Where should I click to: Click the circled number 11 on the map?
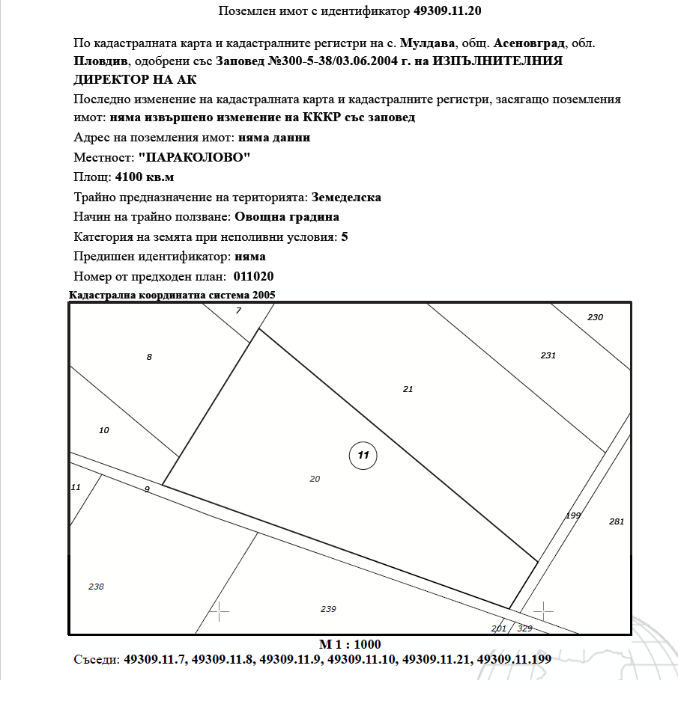pyautogui.click(x=363, y=455)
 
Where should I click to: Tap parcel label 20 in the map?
pyautogui.click(x=315, y=479)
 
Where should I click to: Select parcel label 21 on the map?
pyautogui.click(x=408, y=389)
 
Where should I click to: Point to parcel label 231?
pyautogui.click(x=548, y=355)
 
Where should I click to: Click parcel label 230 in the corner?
pyautogui.click(x=595, y=317)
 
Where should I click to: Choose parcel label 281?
pyautogui.click(x=617, y=521)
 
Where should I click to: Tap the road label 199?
pyautogui.click(x=573, y=515)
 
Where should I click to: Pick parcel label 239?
pyautogui.click(x=328, y=609)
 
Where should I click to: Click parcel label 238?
pyautogui.click(x=96, y=587)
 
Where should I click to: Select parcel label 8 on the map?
pyautogui.click(x=149, y=357)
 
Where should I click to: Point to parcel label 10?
pyautogui.click(x=104, y=430)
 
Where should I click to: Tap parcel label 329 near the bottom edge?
pyautogui.click(x=524, y=628)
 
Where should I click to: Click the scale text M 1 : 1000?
pyautogui.click(x=350, y=644)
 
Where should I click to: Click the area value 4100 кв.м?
pyautogui.click(x=144, y=177)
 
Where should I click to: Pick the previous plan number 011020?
pyautogui.click(x=254, y=276)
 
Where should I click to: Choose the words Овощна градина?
pyautogui.click(x=287, y=217)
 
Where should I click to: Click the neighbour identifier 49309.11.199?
pyautogui.click(x=514, y=660)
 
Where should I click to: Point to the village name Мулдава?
pyautogui.click(x=428, y=43)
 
